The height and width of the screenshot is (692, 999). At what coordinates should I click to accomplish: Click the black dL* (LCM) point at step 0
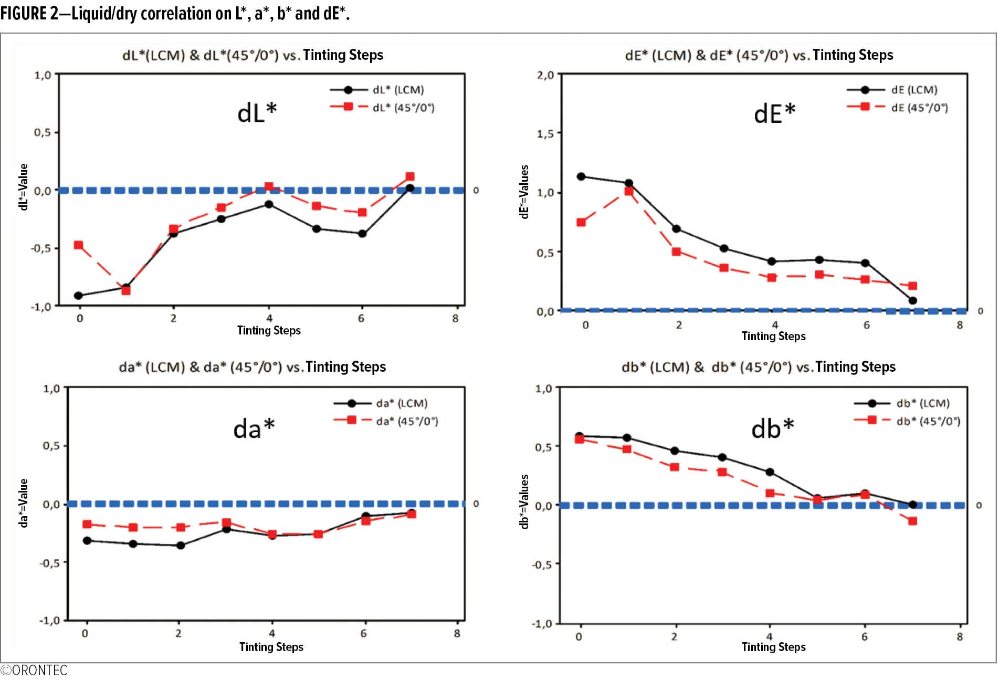pyautogui.click(x=79, y=296)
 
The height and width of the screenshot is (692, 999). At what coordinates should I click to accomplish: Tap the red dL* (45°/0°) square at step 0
pyautogui.click(x=79, y=245)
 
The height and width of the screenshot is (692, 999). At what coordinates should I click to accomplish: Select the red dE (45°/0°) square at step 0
pyautogui.click(x=581, y=223)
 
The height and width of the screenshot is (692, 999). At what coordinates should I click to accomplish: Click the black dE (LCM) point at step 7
pyautogui.click(x=913, y=301)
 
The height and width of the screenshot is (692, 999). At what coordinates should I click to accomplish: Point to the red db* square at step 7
pyautogui.click(x=913, y=521)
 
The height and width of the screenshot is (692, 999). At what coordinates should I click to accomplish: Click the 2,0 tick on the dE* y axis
pyautogui.click(x=545, y=75)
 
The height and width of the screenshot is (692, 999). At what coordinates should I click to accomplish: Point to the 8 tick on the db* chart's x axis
pyautogui.click(x=960, y=637)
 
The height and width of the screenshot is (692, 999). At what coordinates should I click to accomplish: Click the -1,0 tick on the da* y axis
pyautogui.click(x=50, y=621)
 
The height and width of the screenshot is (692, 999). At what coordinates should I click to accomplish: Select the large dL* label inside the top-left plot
pyautogui.click(x=257, y=112)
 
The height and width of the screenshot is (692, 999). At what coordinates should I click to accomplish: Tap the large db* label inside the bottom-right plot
pyautogui.click(x=772, y=429)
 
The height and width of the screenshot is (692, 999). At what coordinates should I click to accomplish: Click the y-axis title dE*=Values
pyautogui.click(x=524, y=192)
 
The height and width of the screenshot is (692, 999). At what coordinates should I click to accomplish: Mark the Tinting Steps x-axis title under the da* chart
pyautogui.click(x=271, y=647)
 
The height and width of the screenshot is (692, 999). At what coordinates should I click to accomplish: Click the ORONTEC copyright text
pyautogui.click(x=35, y=671)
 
